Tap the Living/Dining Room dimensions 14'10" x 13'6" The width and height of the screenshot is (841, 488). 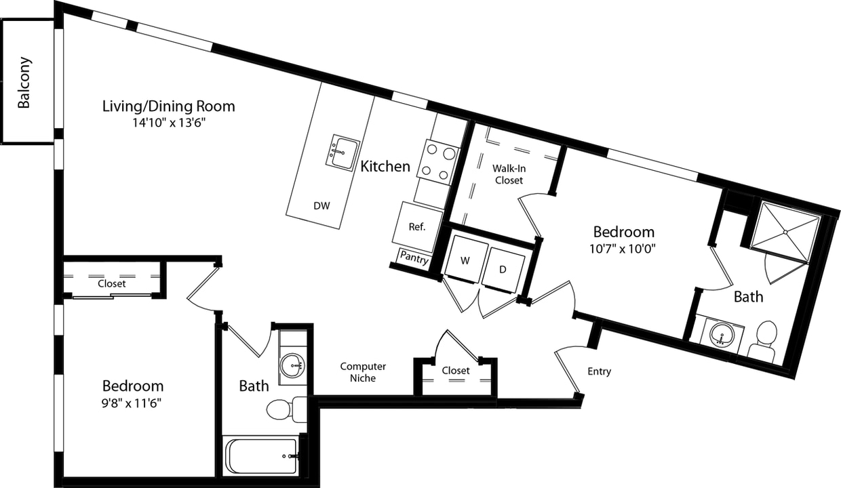(169, 123)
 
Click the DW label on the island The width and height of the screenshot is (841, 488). (321, 206)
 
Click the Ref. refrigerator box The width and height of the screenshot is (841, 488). (416, 226)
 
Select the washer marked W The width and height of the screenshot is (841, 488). (465, 260)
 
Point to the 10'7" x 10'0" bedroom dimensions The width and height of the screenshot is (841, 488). (623, 248)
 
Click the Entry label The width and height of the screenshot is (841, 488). (599, 371)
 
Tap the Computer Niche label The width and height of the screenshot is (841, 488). (363, 372)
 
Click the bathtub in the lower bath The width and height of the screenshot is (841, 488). (261, 456)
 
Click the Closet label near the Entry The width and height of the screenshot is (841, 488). (455, 371)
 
